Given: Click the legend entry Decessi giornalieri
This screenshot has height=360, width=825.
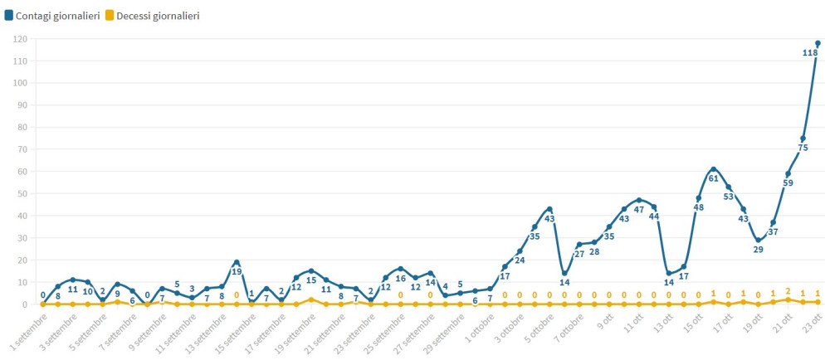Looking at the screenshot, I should (152, 15).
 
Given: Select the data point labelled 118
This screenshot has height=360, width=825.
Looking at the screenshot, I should (818, 43).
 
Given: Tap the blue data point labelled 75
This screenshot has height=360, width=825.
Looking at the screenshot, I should (803, 139).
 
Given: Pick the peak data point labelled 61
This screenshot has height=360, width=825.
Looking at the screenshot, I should (713, 169).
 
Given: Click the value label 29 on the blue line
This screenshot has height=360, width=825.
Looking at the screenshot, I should (758, 250).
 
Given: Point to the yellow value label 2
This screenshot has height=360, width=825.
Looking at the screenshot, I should (788, 291).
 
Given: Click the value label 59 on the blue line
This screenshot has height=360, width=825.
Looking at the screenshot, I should (788, 183).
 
